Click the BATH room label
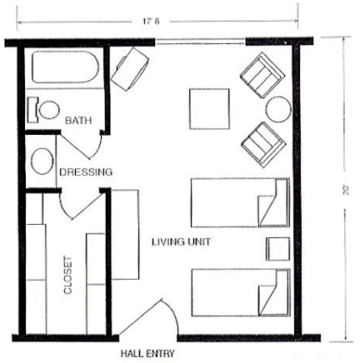tap(78, 121)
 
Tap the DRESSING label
tap(86, 172)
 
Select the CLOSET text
tap(67, 276)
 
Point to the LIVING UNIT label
tap(181, 241)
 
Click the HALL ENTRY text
tap(147, 353)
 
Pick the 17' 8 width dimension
tap(151, 22)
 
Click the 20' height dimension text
tap(346, 190)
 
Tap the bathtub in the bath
tap(65, 67)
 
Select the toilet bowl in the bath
tap(49, 110)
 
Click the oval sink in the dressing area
tap(42, 162)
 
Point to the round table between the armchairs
tap(278, 109)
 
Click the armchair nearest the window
tap(262, 75)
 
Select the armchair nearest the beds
tap(263, 145)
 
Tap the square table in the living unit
tap(209, 109)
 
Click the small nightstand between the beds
tap(277, 249)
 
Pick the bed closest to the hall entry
tap(241, 292)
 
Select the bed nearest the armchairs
tap(241, 202)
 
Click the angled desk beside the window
tap(130, 69)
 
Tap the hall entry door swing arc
tap(173, 313)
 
